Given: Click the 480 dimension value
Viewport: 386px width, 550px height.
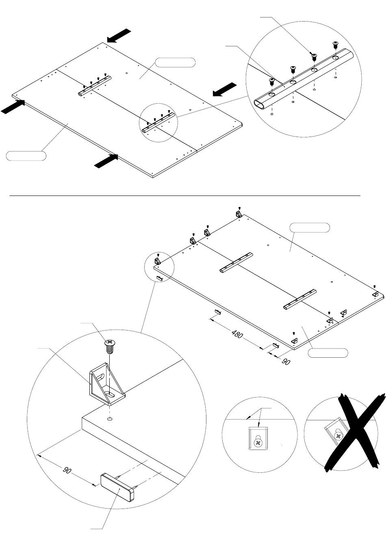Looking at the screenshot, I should coord(238,335).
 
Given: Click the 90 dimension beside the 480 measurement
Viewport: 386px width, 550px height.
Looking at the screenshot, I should coord(286,361).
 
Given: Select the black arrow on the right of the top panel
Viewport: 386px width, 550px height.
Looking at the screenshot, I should coord(225,89).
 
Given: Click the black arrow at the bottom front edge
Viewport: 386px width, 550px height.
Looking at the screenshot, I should coord(106,161).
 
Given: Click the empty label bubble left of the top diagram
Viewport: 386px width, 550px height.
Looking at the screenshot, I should coord(26,156).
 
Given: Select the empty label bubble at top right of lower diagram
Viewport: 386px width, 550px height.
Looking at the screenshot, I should coord(310,228).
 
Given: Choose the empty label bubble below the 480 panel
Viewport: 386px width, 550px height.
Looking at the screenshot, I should coord(328,353).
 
